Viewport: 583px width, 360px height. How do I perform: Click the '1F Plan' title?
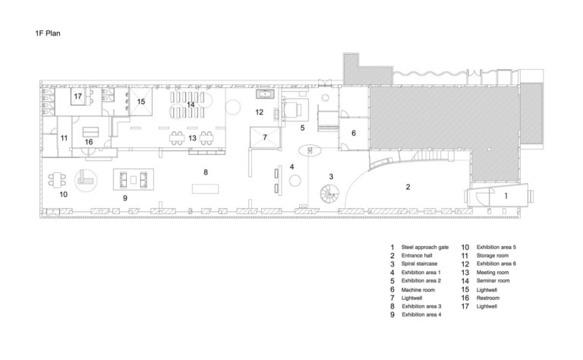click(x=48, y=33)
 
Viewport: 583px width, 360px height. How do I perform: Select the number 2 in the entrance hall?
click(x=408, y=187)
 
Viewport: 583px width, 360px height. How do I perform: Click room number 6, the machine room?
click(x=354, y=133)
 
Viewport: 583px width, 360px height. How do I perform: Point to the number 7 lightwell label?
click(x=265, y=137)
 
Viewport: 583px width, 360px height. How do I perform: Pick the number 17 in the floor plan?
click(x=77, y=96)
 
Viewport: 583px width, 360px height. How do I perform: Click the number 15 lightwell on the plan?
click(x=141, y=102)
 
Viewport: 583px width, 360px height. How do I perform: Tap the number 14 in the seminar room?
click(x=191, y=105)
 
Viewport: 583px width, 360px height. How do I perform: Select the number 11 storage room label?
click(x=64, y=138)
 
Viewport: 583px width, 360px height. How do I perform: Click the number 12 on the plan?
click(x=259, y=112)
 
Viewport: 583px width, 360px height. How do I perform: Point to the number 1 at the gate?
click(x=506, y=196)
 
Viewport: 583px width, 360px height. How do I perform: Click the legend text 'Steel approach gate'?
click(x=425, y=248)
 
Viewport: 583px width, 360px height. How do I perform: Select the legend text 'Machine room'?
click(x=418, y=289)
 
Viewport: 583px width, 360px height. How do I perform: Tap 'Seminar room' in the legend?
click(x=493, y=281)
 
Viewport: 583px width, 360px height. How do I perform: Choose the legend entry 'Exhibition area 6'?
click(x=496, y=264)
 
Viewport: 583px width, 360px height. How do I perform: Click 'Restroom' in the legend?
click(x=488, y=298)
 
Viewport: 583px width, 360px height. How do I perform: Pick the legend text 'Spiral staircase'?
click(x=419, y=264)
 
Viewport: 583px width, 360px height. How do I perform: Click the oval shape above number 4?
click(x=310, y=150)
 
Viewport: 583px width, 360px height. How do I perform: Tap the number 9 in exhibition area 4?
click(x=125, y=198)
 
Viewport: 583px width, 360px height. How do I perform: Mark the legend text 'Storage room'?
click(x=492, y=255)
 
